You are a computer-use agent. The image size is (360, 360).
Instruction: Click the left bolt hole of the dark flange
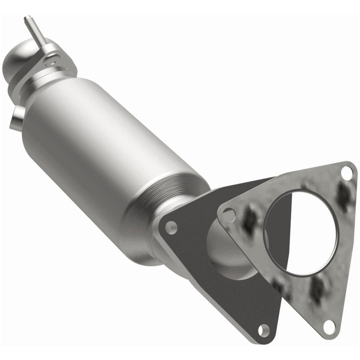pos(171,228)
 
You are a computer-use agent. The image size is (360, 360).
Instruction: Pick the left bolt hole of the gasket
pos(228,215)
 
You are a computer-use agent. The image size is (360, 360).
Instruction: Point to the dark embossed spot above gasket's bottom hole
pos(316,290)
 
